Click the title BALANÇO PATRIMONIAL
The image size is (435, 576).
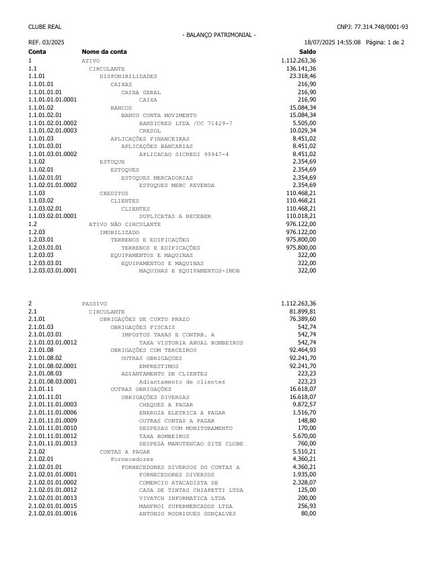pos(219,35)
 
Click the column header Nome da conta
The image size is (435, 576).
pos(104,52)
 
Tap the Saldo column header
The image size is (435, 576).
pos(307,52)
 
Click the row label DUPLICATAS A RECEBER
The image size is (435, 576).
pos(175,216)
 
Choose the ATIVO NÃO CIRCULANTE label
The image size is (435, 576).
pos(125,224)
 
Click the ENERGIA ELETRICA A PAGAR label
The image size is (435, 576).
pos(182,412)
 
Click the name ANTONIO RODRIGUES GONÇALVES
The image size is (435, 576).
pos(188,514)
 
